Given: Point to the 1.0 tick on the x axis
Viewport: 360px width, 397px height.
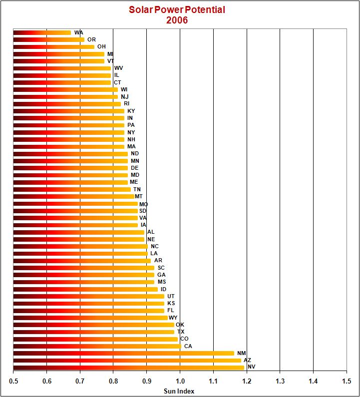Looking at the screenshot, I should pyautogui.click(x=180, y=381).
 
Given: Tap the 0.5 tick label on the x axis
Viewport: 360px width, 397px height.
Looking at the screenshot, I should pyautogui.click(x=13, y=381).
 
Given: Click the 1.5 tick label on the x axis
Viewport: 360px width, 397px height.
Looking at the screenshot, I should pyautogui.click(x=347, y=381).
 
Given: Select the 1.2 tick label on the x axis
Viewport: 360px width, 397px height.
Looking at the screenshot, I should pyautogui.click(x=247, y=381).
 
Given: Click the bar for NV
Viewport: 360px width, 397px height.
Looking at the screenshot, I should pyautogui.click(x=128, y=368).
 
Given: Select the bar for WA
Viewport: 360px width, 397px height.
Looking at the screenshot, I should pyautogui.click(x=42, y=33).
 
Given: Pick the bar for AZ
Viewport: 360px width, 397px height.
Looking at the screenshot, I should pyautogui.click(x=127, y=361).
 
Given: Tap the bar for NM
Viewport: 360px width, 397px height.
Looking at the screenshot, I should pyautogui.click(x=123, y=353).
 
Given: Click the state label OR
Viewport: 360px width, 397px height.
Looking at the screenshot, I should pyautogui.click(x=91, y=39).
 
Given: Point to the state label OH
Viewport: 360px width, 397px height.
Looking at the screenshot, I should pyautogui.click(x=101, y=46).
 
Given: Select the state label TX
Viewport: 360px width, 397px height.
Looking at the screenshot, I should pyautogui.click(x=181, y=332).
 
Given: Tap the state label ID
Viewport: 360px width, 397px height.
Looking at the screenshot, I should pyautogui.click(x=163, y=289).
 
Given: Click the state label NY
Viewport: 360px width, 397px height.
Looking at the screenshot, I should pyautogui.click(x=131, y=132).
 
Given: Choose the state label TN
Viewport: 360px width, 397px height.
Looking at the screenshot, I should pyautogui.click(x=137, y=189).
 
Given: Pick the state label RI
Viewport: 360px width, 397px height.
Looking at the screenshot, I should pyautogui.click(x=127, y=104).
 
